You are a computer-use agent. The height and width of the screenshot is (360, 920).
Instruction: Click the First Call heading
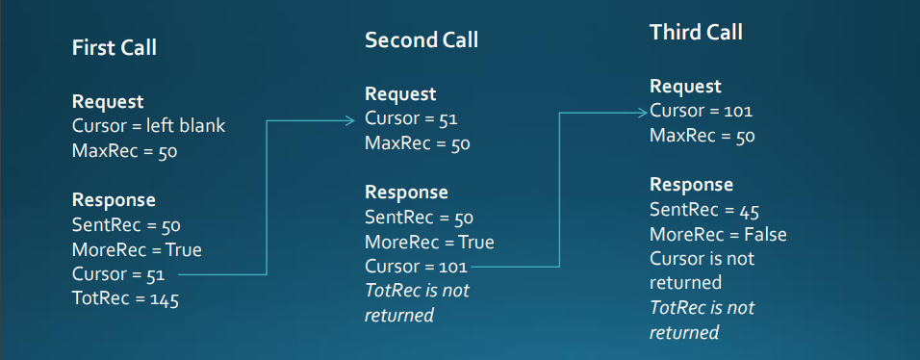[x=115, y=48]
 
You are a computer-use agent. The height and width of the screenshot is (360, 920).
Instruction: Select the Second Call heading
[x=421, y=40]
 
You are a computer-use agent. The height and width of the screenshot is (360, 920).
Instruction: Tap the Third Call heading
[x=696, y=32]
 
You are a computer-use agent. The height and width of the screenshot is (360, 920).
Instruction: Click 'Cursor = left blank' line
[x=148, y=125]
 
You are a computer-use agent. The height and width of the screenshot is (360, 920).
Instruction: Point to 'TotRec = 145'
[x=126, y=299]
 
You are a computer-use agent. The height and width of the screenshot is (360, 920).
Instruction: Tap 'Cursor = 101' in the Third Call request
[x=701, y=112]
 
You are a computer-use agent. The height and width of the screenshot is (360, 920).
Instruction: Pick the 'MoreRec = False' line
[x=718, y=235]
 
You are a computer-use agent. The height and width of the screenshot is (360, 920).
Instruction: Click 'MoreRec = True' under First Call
[x=137, y=250]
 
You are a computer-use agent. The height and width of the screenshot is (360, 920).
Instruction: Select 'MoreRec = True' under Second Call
[x=429, y=243]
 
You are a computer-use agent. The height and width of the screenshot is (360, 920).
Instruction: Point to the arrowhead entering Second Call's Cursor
[x=352, y=120]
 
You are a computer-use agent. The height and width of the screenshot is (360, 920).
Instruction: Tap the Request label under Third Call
[x=685, y=87]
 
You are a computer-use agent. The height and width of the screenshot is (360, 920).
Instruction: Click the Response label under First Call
[x=114, y=200]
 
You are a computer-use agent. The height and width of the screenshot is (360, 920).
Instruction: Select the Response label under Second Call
[x=406, y=193]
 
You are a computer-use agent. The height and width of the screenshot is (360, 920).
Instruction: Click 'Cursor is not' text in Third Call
[x=703, y=259]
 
